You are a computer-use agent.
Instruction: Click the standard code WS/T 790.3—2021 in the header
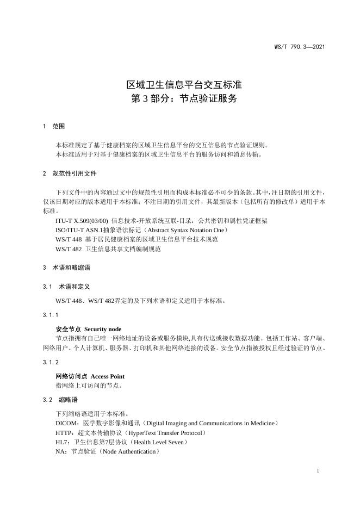tap(299, 47)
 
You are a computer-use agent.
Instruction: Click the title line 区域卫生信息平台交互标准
tap(184, 85)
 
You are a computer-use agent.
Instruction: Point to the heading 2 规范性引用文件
tap(69, 173)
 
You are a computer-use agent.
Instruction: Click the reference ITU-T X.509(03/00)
tap(82, 221)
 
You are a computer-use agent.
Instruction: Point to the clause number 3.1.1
tap(49, 315)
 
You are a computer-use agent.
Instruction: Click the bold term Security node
tap(103, 329)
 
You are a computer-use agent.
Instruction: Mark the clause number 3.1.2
tap(49, 362)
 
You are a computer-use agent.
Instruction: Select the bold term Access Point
tap(107, 376)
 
